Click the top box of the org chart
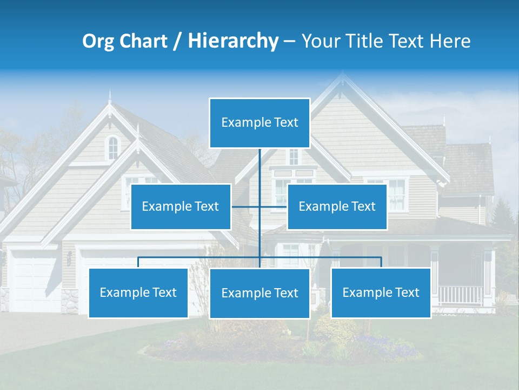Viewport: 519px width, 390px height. point(259,123)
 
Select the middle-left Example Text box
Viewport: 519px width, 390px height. point(181,206)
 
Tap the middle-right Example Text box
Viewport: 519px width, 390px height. point(337,206)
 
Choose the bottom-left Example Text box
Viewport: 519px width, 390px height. point(138,292)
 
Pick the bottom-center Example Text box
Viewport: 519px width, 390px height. point(259,293)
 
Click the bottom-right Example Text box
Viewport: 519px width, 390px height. point(381,292)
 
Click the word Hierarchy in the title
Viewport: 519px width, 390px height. point(233,41)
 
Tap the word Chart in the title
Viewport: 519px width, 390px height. point(143,41)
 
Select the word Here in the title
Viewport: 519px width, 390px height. point(450,41)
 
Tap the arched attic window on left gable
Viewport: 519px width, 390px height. point(112,147)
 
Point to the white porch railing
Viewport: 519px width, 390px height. point(460,295)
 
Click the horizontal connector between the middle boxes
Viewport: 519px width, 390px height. point(259,206)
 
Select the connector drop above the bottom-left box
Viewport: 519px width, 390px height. point(138,263)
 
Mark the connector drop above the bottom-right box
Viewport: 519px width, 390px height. point(381,263)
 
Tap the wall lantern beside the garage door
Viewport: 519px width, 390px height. point(69,258)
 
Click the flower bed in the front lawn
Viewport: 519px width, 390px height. point(281,341)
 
